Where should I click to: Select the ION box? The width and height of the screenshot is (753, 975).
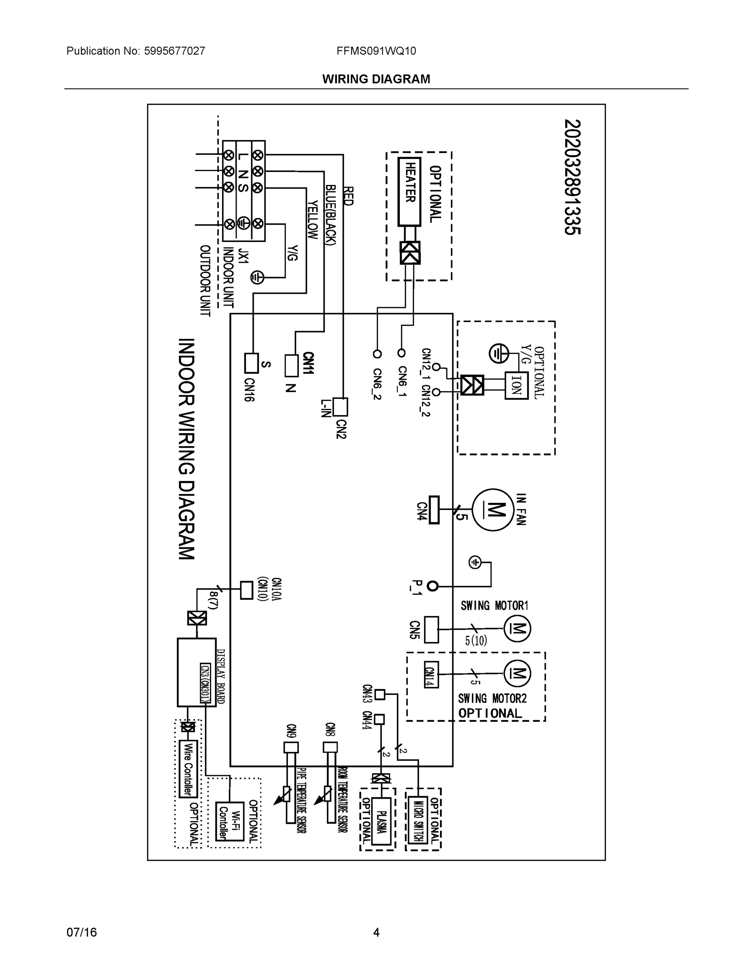(516, 385)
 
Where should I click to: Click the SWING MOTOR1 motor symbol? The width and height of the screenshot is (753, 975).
(517, 628)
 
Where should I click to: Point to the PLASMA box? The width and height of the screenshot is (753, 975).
(380, 821)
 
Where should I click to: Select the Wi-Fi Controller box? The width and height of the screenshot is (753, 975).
(230, 821)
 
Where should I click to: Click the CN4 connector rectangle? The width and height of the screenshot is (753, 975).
(434, 509)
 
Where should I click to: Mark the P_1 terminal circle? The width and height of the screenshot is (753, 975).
(432, 586)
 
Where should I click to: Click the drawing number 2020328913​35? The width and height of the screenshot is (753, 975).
(572, 177)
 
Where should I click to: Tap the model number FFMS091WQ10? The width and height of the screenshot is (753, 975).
(376, 51)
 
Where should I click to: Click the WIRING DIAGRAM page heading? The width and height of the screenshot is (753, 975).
(376, 79)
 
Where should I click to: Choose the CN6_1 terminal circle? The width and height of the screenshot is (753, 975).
(401, 353)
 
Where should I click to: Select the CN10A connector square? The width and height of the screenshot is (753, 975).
(247, 590)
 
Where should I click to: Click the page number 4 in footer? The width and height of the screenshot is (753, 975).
(376, 932)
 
